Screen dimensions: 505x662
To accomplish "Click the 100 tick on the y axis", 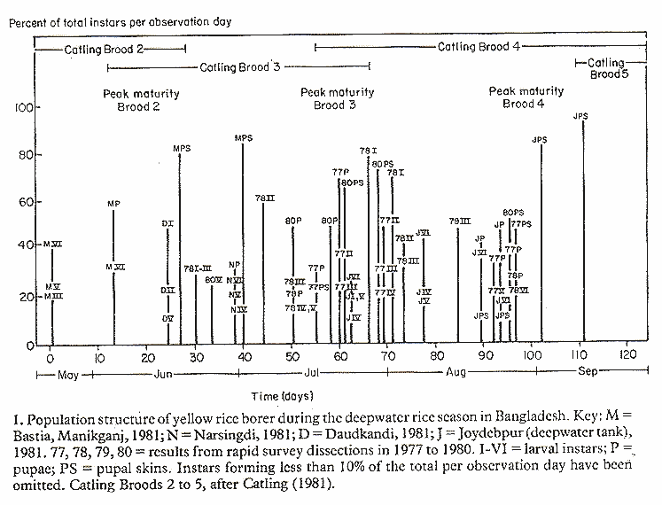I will (x=22, y=108).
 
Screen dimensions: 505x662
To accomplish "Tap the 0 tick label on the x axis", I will (x=51, y=356).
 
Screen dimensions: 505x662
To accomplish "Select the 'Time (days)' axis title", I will (x=278, y=395).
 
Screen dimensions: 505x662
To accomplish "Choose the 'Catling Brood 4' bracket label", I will (x=480, y=45).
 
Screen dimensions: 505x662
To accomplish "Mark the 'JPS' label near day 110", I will (x=581, y=115).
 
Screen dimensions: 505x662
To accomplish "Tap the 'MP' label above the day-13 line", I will (x=113, y=204).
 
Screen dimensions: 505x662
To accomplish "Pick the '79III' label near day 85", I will (x=459, y=221).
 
